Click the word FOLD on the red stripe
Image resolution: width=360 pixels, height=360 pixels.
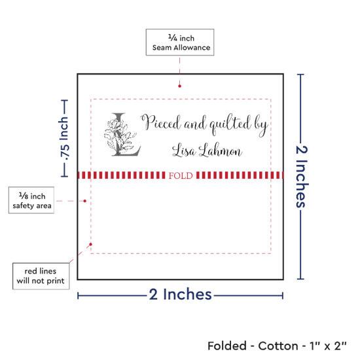[x=181, y=175]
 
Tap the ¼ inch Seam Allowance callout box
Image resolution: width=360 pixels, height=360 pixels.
[x=180, y=43]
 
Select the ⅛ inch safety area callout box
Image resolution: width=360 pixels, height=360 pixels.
[x=31, y=200]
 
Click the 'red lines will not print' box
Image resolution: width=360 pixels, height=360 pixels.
[x=41, y=276]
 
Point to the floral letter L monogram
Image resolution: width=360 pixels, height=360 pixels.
[x=122, y=135]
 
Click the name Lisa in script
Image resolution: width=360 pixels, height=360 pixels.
[x=184, y=151]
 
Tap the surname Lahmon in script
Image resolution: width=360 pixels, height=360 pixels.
[x=221, y=150]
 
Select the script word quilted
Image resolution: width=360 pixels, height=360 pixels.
[x=230, y=124]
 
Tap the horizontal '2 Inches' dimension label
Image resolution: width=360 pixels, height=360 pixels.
[x=181, y=295]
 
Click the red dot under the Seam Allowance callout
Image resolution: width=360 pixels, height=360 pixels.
[x=179, y=86]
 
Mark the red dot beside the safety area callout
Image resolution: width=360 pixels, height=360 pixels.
[x=84, y=201]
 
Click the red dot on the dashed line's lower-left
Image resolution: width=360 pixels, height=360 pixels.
[x=91, y=244]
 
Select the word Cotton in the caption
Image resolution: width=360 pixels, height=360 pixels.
[x=278, y=346]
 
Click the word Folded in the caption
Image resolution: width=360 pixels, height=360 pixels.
[x=227, y=346]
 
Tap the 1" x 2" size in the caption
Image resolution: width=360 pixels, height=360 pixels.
[x=328, y=346]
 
